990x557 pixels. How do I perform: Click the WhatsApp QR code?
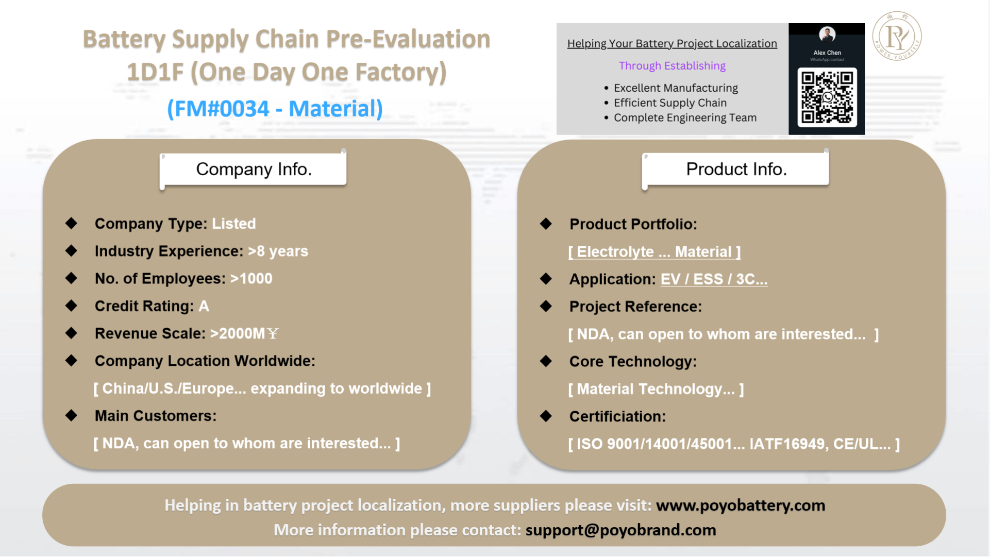(827, 97)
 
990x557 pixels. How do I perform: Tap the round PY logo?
(897, 36)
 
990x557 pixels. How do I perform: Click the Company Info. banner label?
(254, 169)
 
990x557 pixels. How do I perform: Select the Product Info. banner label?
(736, 169)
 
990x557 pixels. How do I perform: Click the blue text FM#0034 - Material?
(275, 109)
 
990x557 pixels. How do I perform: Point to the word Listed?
(234, 224)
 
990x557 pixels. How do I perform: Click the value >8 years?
(278, 251)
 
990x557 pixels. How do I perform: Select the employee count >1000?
(251, 278)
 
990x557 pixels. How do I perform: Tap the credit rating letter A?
(204, 306)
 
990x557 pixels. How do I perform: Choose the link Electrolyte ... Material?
(655, 251)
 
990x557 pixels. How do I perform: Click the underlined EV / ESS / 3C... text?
(714, 279)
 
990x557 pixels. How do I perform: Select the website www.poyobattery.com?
(741, 505)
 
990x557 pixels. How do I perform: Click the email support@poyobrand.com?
(621, 530)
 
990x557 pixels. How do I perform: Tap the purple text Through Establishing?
(672, 66)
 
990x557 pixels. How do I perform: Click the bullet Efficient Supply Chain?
(670, 103)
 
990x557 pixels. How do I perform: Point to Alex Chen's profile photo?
(827, 35)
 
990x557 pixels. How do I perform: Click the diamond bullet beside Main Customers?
(71, 415)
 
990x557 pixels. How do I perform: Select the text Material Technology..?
(656, 389)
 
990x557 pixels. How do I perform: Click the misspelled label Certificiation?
(617, 416)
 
